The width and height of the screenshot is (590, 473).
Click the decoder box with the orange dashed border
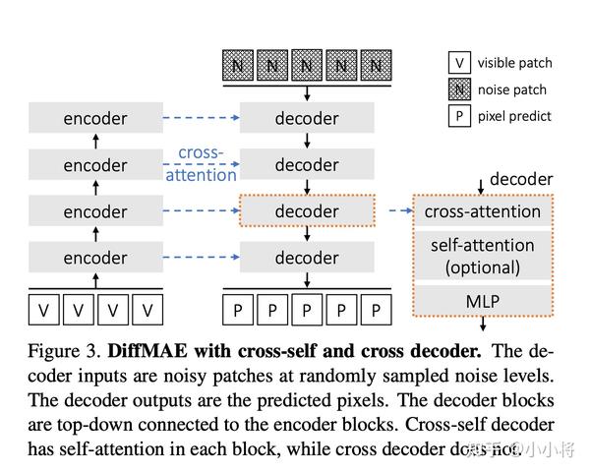point(307,211)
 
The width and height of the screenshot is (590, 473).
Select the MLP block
point(482,297)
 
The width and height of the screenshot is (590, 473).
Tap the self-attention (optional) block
point(482,255)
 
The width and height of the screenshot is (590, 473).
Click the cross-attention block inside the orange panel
point(482,211)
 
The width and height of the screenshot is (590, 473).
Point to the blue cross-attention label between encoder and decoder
point(206,164)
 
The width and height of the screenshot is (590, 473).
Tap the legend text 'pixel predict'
point(514,116)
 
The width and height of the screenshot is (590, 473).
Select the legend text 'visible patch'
point(515,63)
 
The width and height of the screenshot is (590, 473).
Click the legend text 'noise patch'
point(512,89)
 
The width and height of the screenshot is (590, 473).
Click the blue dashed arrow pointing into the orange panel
point(399,210)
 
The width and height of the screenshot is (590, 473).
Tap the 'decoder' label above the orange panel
point(521,179)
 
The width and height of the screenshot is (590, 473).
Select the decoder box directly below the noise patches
point(307,118)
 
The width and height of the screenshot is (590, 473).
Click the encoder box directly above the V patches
point(95,258)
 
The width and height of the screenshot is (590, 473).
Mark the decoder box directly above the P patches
point(307,258)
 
